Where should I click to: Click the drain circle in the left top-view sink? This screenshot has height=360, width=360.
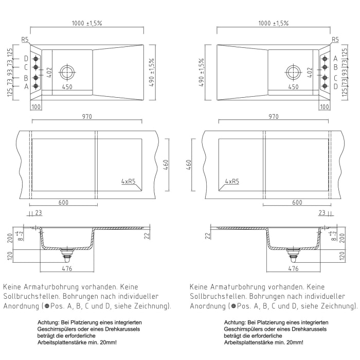point(67,71)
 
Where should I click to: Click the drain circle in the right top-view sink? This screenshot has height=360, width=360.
point(293,71)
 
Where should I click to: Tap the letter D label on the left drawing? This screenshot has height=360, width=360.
point(26,58)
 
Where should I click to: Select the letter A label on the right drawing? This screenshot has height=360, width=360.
point(336,58)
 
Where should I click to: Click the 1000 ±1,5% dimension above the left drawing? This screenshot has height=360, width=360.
point(86,23)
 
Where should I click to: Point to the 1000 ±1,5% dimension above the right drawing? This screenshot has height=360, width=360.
point(273,23)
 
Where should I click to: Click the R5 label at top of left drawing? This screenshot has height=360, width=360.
point(25,39)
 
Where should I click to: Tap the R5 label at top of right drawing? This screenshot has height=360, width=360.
point(335,39)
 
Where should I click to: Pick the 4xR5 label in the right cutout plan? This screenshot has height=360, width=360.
point(232,182)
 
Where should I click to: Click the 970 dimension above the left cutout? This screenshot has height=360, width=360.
point(86,117)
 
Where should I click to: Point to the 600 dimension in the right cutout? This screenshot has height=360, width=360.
point(297,202)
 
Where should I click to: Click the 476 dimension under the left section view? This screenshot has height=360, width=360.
point(66,268)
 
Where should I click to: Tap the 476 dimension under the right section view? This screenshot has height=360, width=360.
point(293,268)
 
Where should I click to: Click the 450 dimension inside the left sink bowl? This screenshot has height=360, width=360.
point(67,87)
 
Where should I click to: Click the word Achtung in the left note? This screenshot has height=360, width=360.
point(48,322)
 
